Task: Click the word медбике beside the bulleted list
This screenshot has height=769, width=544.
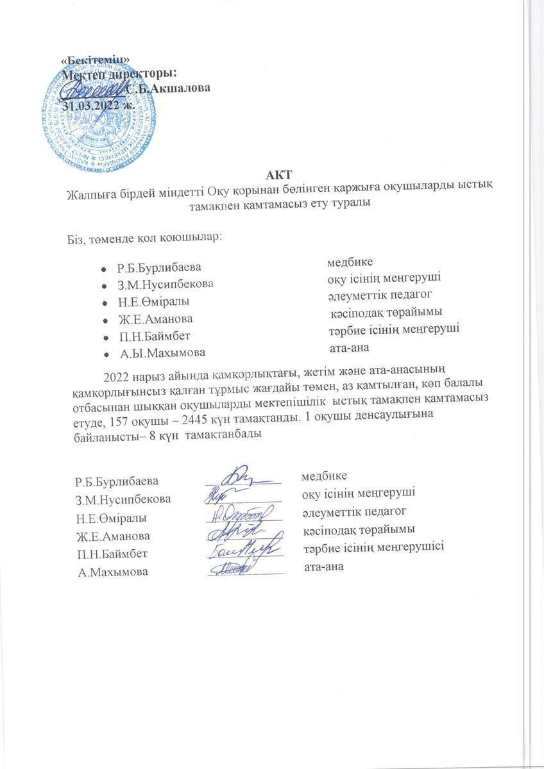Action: coord(350,262)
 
